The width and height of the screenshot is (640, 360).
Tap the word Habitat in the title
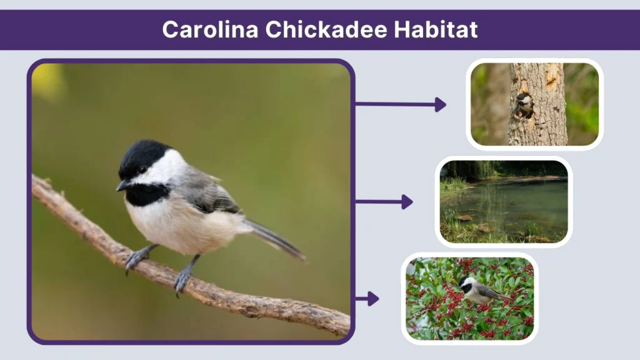pyautogui.click(x=438, y=29)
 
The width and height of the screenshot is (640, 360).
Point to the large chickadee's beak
pyautogui.click(x=122, y=186)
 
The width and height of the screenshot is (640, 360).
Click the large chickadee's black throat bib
pyautogui.click(x=146, y=194)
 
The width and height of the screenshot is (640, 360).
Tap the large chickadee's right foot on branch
pyautogui.click(x=182, y=278)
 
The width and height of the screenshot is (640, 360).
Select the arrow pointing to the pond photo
pyautogui.click(x=384, y=201)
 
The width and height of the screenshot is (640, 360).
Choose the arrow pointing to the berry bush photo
pyautogui.click(x=367, y=299)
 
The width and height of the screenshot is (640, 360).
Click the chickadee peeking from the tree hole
pyautogui.click(x=524, y=104)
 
